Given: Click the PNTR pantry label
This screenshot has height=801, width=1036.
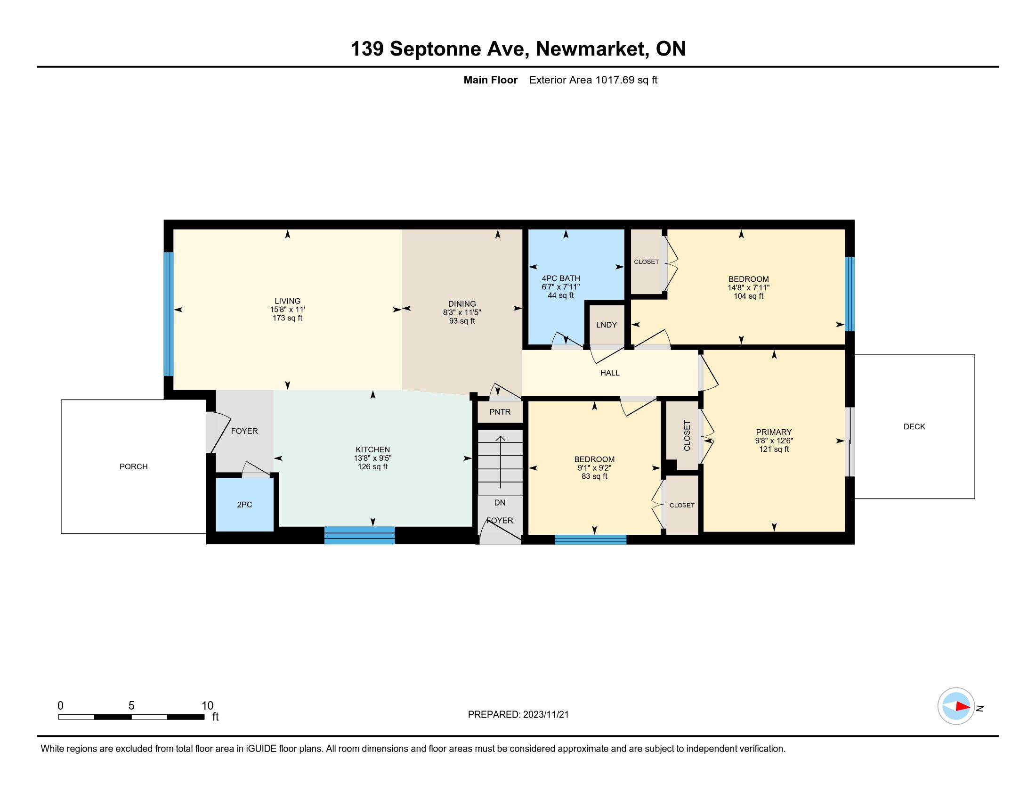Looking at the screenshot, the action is click(500, 412).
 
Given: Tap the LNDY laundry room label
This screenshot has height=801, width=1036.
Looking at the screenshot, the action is click(606, 325).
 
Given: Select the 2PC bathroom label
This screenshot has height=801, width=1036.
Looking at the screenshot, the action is click(244, 505).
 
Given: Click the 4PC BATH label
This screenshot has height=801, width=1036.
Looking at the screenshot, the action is click(561, 278).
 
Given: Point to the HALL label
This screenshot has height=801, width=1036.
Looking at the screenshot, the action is click(609, 373).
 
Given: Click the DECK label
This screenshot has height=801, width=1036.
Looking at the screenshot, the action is click(914, 426).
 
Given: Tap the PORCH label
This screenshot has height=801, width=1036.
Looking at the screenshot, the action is click(134, 467).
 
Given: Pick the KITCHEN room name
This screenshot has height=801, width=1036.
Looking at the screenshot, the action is click(373, 450).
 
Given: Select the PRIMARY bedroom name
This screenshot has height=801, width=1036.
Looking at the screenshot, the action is click(774, 432).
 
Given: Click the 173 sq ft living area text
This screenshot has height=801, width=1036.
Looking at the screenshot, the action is click(287, 318).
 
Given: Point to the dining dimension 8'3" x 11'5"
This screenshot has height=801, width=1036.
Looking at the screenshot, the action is click(462, 313).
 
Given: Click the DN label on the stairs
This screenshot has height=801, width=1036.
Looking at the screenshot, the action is click(500, 503).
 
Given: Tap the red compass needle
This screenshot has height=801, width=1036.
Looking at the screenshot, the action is click(963, 707).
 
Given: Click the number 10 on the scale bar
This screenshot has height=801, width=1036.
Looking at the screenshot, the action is click(207, 706).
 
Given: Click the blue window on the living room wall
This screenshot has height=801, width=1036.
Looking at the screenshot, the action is click(169, 314).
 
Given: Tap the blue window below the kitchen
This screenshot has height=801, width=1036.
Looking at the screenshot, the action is click(360, 535).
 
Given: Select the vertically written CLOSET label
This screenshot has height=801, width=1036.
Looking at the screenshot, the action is click(687, 436).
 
